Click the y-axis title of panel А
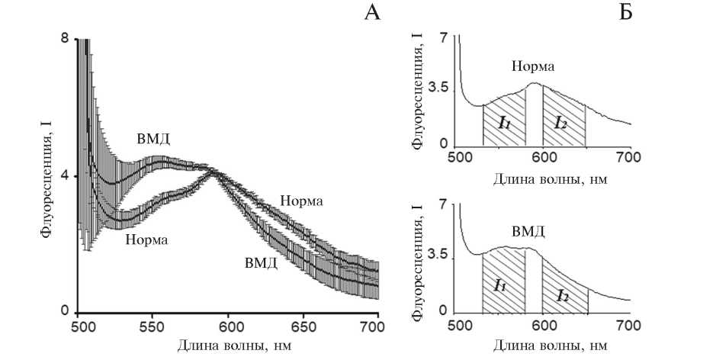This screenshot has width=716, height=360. [46, 175]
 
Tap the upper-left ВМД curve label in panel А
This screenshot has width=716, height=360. [154, 140]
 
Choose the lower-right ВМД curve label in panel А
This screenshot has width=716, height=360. [260, 264]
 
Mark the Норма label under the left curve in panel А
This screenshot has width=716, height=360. [147, 239]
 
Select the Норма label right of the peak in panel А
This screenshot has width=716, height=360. [301, 201]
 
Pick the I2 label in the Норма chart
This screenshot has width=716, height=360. [560, 121]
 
